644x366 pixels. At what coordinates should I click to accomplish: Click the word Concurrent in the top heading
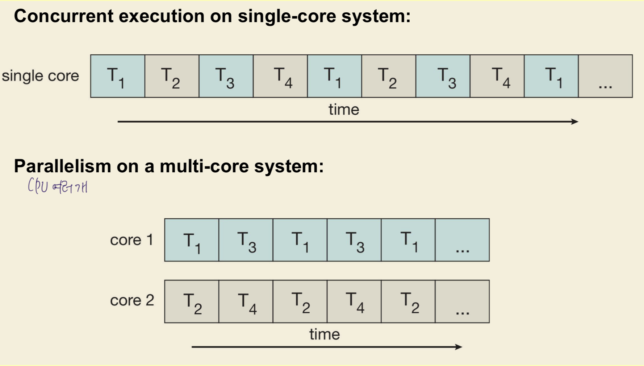tap(63, 16)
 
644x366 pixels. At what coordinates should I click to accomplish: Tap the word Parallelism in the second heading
tap(62, 166)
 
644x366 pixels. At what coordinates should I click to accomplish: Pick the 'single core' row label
tap(40, 76)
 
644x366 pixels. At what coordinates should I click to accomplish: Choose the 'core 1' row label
tap(131, 240)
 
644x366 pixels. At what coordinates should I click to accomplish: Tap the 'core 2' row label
tap(132, 300)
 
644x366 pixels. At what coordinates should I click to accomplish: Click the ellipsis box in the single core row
tap(605, 76)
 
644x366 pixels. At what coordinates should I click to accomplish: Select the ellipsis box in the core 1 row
tap(462, 240)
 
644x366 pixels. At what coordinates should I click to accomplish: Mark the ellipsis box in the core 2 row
tap(462, 301)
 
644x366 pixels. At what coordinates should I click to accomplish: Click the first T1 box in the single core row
tap(118, 76)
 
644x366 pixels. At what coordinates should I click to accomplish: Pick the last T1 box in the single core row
tap(551, 76)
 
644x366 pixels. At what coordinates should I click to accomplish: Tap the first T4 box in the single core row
tap(280, 76)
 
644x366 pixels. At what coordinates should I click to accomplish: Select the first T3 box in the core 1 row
tap(246, 240)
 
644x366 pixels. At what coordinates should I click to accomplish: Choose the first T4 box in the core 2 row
tap(246, 301)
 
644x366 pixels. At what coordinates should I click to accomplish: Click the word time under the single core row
tap(344, 110)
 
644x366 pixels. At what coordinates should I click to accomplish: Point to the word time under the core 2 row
tap(325, 334)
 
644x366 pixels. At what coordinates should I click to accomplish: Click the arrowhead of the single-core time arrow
tap(575, 122)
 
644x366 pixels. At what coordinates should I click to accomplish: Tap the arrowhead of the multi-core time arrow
tap(459, 347)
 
